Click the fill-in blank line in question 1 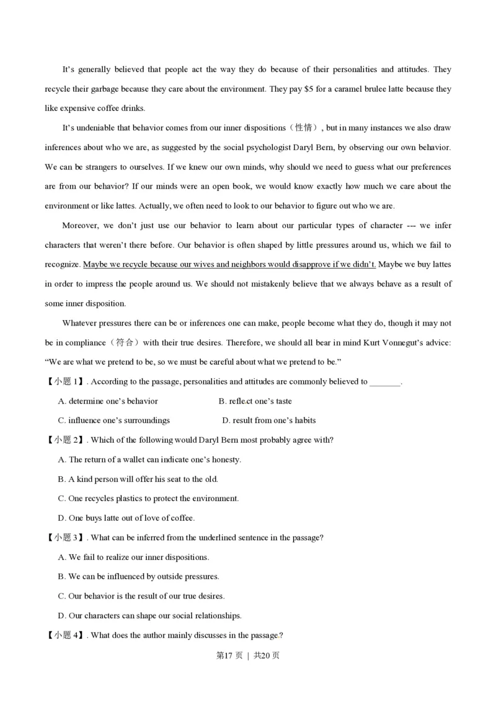tap(385, 382)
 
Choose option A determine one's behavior tap(108, 401)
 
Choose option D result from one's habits tap(268, 420)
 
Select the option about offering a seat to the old tap(138, 479)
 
